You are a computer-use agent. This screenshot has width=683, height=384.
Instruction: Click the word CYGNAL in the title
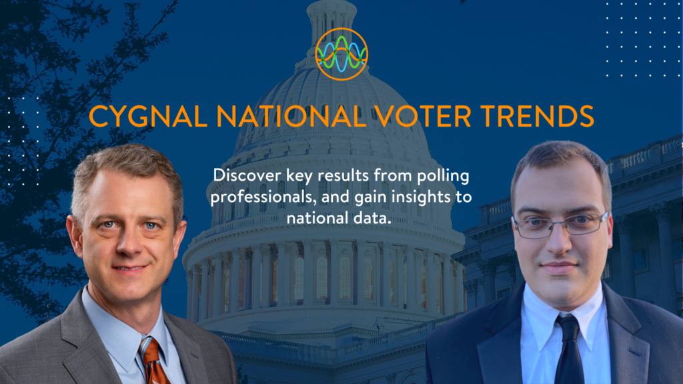tap(148, 116)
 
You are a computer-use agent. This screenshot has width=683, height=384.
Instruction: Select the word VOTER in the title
tap(422, 116)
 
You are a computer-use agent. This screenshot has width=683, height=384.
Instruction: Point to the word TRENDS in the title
tap(537, 116)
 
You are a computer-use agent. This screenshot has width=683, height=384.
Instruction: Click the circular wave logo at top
tap(341, 54)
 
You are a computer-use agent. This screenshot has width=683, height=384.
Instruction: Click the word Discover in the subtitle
tap(247, 175)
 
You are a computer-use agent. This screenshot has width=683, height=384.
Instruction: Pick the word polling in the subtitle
tap(443, 176)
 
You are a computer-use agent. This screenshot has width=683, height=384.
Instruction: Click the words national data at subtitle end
tap(339, 218)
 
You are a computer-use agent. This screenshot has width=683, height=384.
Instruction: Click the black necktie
tap(568, 351)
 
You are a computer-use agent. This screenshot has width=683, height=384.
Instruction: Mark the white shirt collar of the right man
tap(562, 313)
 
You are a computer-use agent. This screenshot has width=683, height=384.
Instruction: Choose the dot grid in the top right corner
tap(642, 39)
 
